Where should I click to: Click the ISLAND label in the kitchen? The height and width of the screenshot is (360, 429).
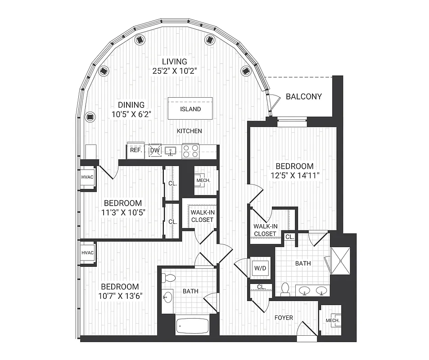190,109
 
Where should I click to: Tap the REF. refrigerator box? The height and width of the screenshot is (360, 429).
136,150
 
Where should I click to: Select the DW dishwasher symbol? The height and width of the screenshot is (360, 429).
155,150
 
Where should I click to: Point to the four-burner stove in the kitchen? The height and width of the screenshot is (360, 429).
190,150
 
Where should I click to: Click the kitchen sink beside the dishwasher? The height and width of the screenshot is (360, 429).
171,151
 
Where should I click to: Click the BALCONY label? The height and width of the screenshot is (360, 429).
304,96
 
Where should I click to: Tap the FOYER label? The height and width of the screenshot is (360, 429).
284,318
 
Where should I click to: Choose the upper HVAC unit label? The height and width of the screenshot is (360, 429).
87,177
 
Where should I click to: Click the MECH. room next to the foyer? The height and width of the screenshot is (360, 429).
332,320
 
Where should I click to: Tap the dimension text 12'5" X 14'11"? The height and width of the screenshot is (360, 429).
295,175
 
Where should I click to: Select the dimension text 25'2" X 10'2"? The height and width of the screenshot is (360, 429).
175,71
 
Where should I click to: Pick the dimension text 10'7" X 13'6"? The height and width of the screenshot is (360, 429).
120,296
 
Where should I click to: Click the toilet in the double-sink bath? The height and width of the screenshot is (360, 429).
285,288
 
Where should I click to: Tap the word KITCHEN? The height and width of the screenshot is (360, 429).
189,131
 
